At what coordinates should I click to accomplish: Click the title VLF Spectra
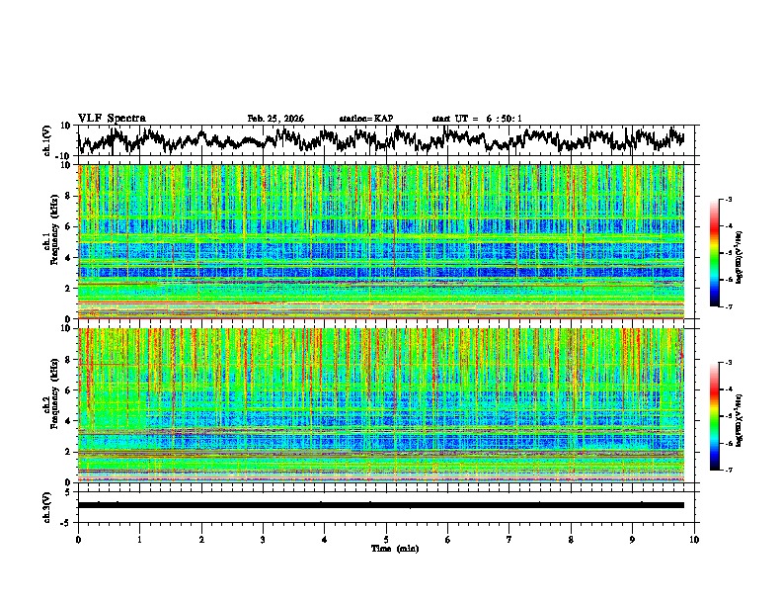[x=112, y=118]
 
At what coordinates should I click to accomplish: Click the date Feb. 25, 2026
[x=275, y=119]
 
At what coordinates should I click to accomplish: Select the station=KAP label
[x=365, y=119]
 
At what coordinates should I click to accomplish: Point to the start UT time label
[x=477, y=119]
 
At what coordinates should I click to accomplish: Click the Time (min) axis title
[x=386, y=548]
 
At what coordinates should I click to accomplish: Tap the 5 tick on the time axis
[x=386, y=539]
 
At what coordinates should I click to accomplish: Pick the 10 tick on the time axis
[x=695, y=539]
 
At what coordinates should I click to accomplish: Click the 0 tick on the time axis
[x=78, y=539]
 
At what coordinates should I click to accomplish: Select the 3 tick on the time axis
[x=263, y=539]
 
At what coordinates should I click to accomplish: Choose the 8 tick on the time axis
[x=572, y=539]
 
